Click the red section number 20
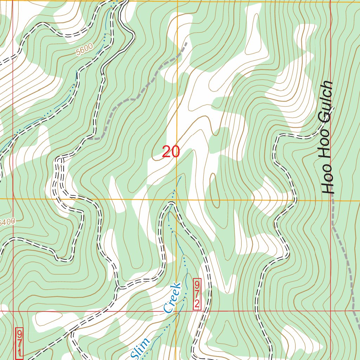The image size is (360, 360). click(x=171, y=152)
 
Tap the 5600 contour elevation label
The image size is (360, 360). click(x=84, y=50)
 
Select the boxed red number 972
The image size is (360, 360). click(x=197, y=295)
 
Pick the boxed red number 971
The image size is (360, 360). click(x=19, y=343)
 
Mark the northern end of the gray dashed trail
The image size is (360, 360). click(x=186, y=43)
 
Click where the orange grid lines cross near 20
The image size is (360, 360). click(x=177, y=199)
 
